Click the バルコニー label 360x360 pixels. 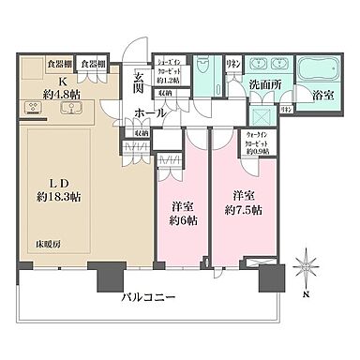(x=149, y=299)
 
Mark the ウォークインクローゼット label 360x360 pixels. (x=261, y=138)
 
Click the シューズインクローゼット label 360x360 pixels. (x=174, y=67)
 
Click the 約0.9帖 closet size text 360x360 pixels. (x=261, y=153)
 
